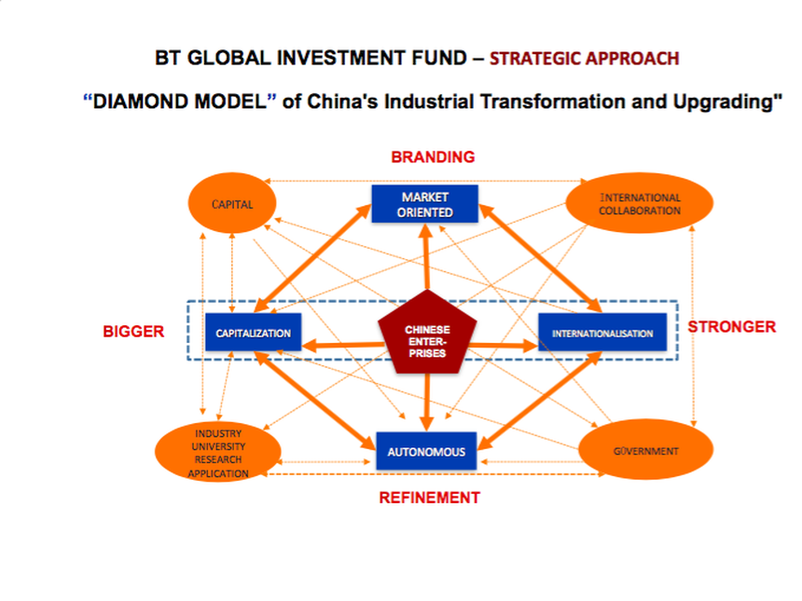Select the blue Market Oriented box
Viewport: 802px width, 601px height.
pos(424,205)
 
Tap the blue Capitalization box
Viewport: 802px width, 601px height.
pos(253,333)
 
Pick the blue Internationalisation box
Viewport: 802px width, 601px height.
pos(601,333)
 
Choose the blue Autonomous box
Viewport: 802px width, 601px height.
pos(426,452)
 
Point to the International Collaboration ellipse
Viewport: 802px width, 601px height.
pos(640,204)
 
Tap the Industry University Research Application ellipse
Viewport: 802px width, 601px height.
pos(218,454)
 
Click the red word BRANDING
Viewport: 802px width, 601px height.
pos(433,157)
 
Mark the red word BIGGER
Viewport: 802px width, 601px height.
pos(133,331)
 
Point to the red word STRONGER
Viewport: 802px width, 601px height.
pos(731,327)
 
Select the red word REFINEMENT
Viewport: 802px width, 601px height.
pos(429,498)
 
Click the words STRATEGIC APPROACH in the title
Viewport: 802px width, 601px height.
pos(584,58)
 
